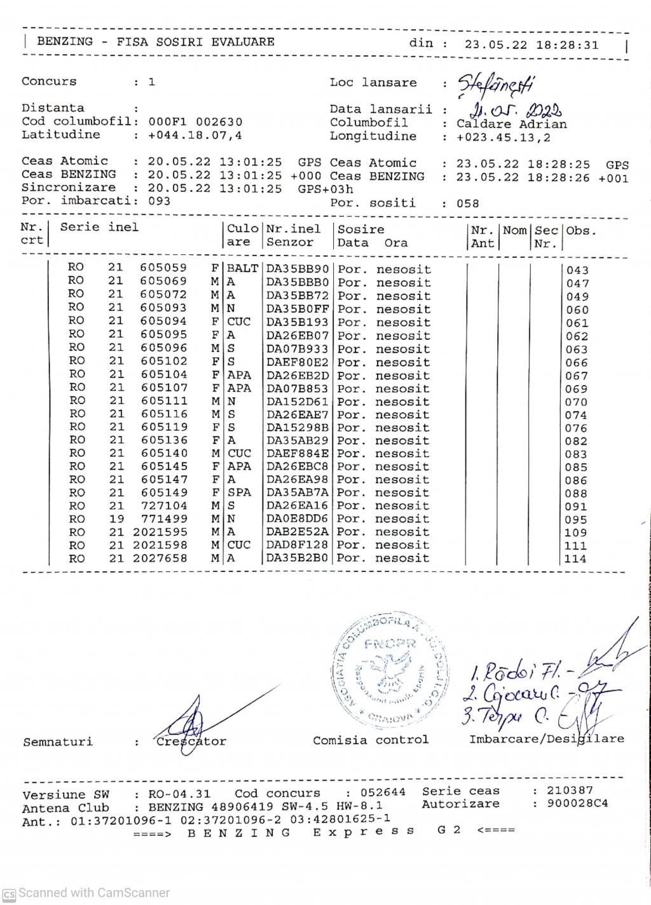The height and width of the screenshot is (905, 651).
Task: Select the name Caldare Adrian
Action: [511, 124]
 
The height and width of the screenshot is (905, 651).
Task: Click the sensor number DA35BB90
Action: [298, 269]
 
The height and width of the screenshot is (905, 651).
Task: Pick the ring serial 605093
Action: [163, 308]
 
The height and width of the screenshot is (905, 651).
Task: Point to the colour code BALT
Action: [243, 269]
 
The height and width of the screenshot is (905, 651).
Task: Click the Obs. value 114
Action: [577, 559]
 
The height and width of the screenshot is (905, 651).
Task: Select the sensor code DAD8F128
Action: [298, 545]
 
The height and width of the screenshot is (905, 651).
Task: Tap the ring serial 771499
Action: [163, 519]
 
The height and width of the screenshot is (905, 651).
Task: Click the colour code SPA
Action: [239, 493]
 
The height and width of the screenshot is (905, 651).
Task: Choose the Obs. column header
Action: [581, 230]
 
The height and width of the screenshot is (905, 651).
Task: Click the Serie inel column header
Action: [99, 227]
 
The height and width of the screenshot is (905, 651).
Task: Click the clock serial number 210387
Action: [570, 791]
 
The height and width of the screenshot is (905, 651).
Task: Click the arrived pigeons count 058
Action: [468, 204]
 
